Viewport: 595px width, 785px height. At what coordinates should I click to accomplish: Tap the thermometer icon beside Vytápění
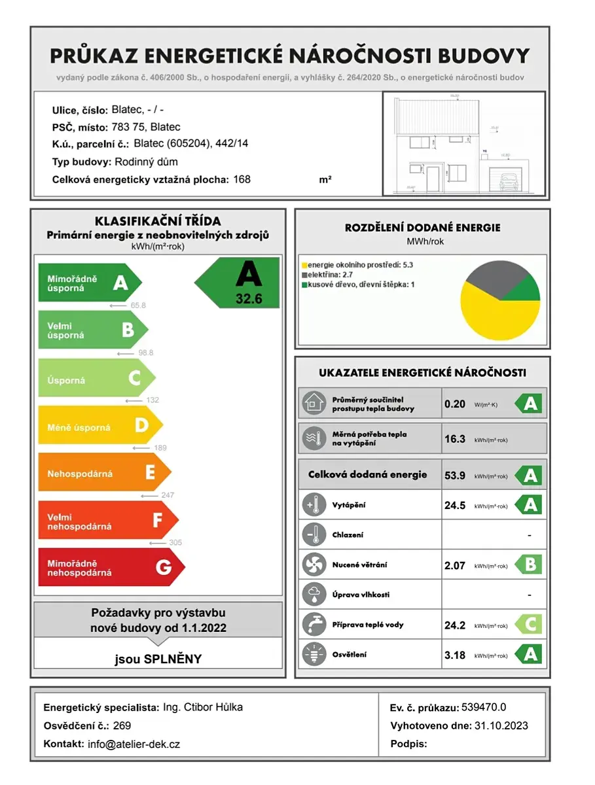[x=313, y=505]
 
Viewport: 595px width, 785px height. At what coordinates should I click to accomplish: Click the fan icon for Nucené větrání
[x=313, y=565]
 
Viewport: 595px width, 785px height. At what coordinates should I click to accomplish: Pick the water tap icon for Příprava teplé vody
[x=313, y=625]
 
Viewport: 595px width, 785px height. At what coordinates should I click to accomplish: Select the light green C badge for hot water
[x=529, y=625]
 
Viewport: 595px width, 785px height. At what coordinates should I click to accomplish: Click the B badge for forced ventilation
[x=529, y=565]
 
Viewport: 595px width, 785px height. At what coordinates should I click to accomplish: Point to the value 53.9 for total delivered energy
[x=455, y=476]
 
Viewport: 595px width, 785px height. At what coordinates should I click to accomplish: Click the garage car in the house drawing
[x=509, y=183]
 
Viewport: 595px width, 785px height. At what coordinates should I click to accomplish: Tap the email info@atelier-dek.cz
[x=134, y=744]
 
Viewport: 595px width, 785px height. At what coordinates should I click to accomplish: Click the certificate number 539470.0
[x=484, y=707]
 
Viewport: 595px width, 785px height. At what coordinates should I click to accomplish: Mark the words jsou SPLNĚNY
[x=158, y=659]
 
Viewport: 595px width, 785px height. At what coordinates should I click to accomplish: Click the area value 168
[x=242, y=179]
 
